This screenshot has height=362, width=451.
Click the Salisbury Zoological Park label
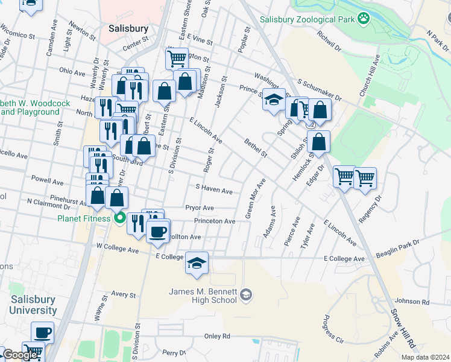(306, 19)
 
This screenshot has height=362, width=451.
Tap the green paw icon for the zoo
(364, 19)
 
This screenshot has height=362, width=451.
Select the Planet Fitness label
(84, 218)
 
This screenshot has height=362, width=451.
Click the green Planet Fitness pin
(120, 218)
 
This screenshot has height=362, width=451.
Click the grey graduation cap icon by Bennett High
(245, 295)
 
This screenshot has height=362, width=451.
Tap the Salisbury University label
(33, 305)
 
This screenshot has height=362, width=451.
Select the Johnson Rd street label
(412, 302)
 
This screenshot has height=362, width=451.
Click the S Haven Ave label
(213, 191)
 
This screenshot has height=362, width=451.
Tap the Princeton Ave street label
(213, 221)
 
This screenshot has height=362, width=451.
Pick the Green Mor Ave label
(254, 198)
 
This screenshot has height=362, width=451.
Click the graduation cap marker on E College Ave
(197, 263)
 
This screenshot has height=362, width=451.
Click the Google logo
(20, 355)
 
